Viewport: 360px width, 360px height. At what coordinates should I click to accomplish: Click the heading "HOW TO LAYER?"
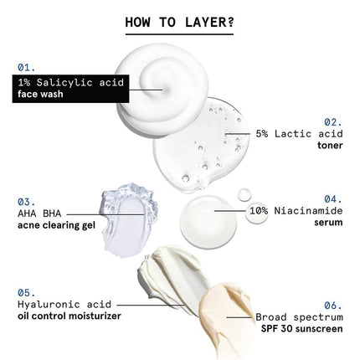(179, 21)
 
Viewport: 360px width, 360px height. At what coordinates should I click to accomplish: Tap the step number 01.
(28, 64)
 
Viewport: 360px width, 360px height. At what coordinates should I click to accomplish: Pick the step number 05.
(26, 293)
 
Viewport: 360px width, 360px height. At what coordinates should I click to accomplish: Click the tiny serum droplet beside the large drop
(244, 193)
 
